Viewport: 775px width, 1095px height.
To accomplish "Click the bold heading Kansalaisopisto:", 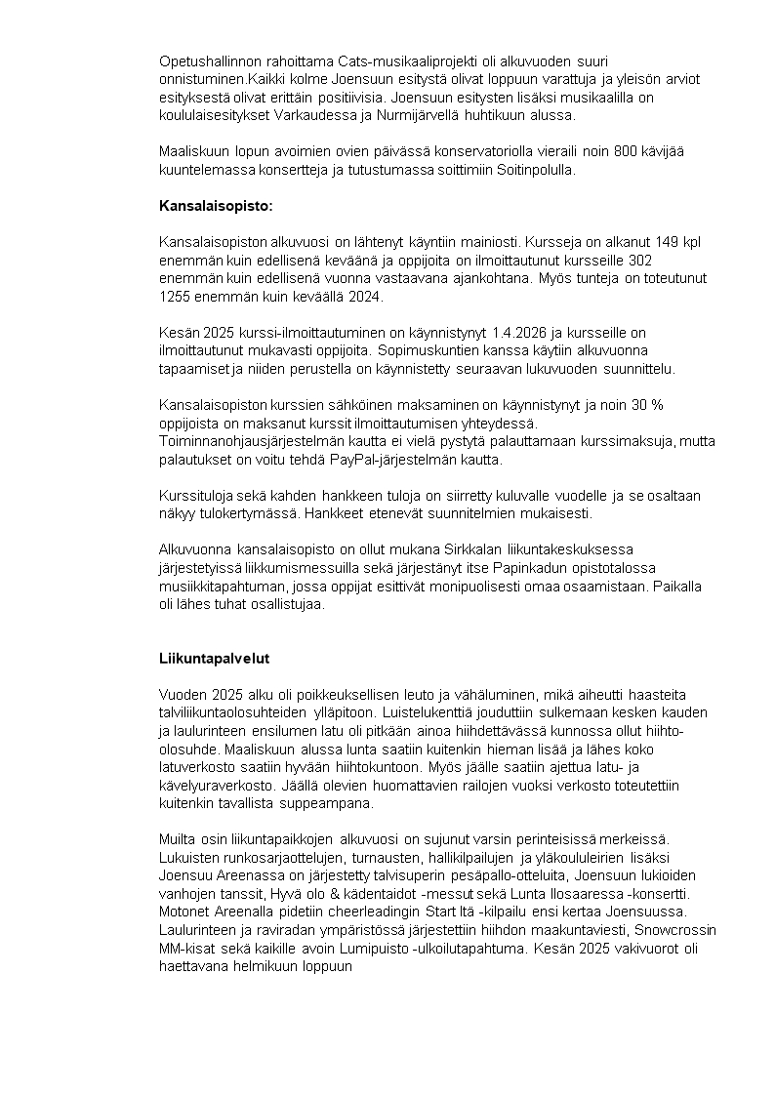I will point(216,206).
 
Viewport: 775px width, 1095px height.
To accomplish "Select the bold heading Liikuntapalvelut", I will point(214,659).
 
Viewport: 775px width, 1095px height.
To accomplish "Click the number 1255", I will point(176,296).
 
